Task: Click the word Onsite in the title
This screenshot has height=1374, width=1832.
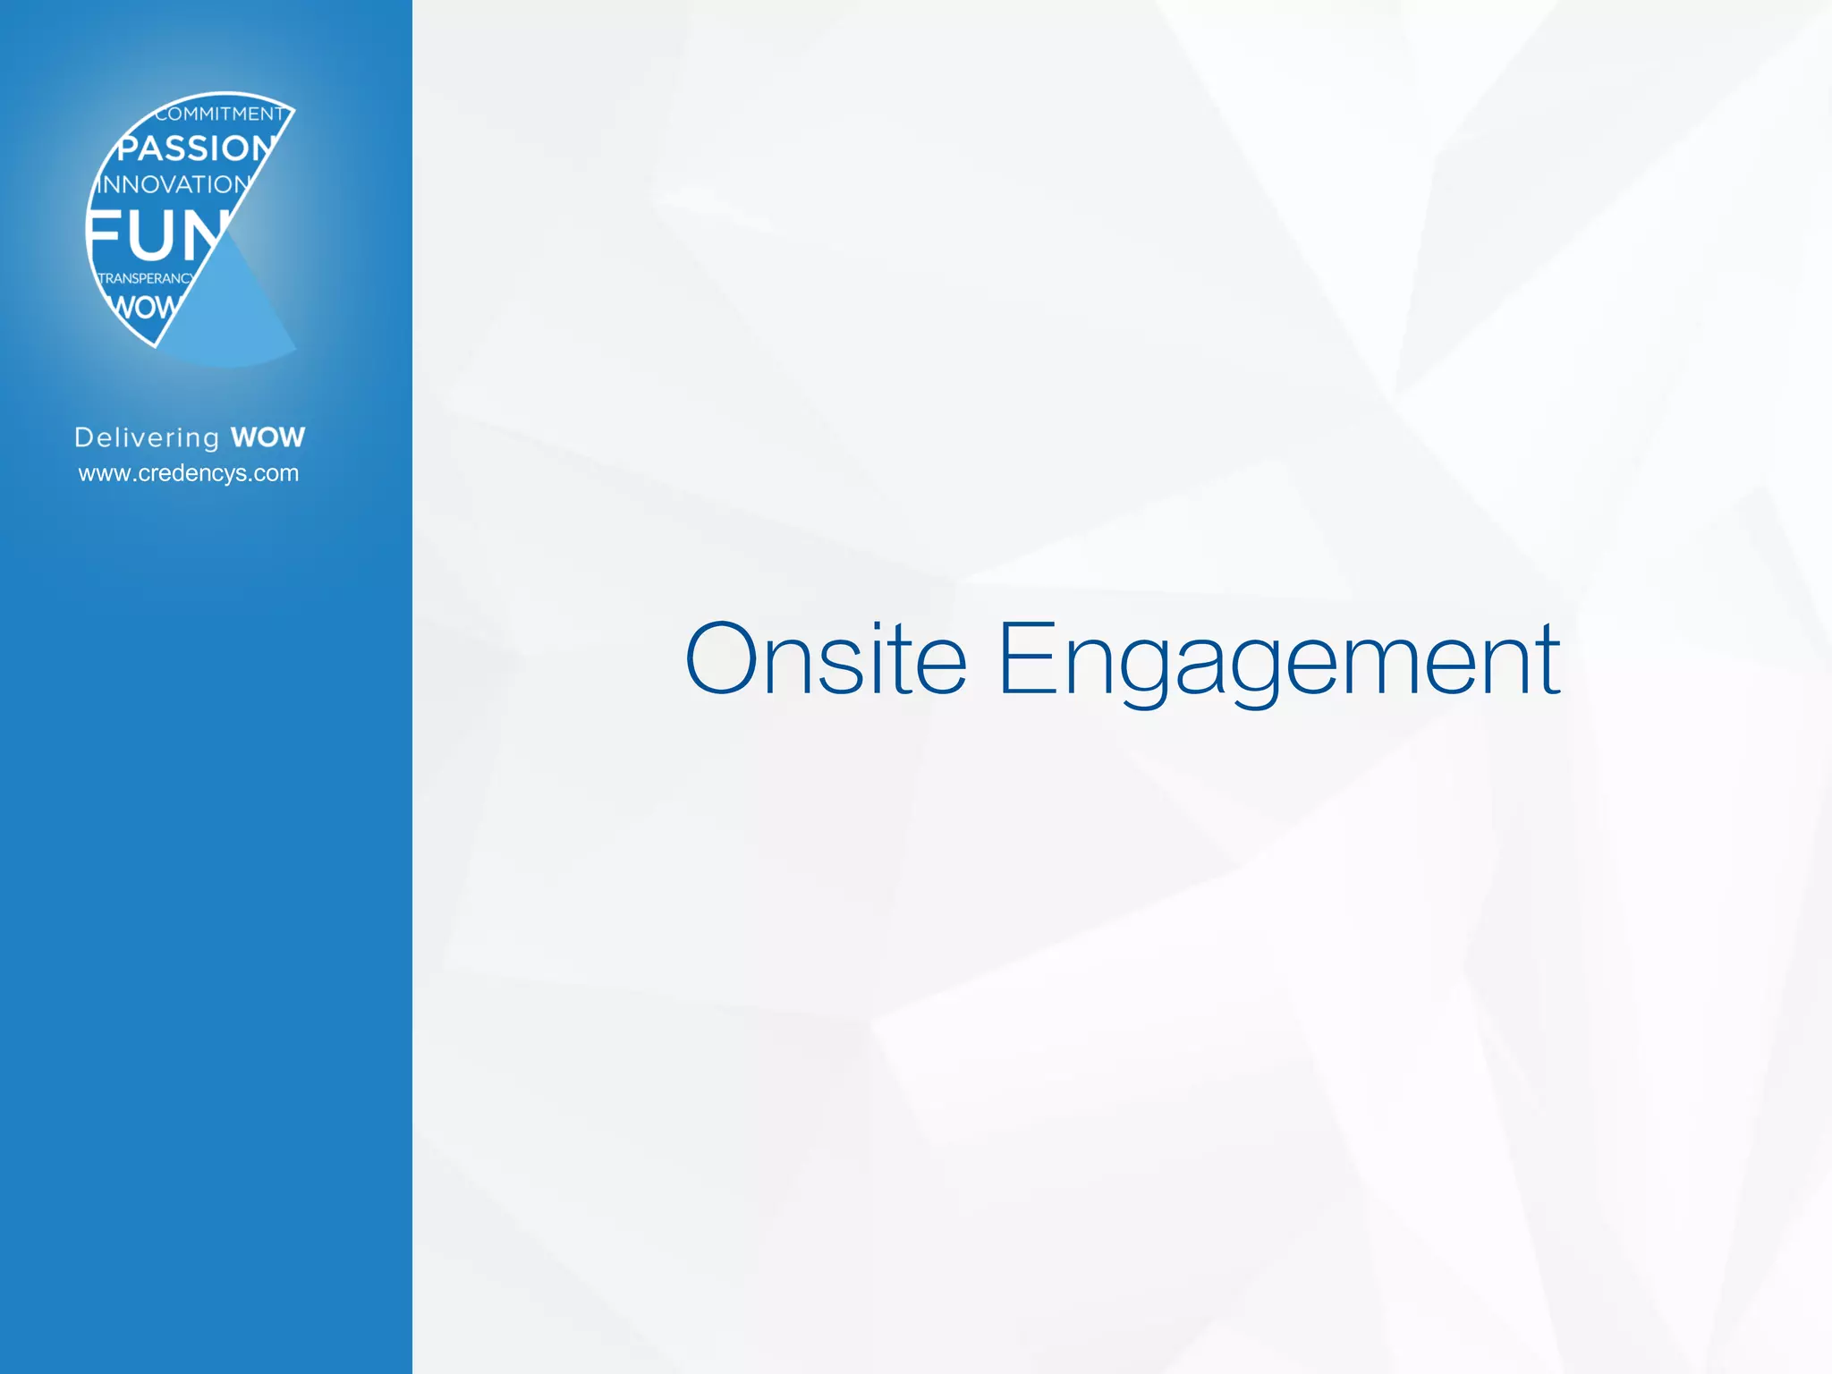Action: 826,659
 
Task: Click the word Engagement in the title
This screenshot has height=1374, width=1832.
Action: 1279,662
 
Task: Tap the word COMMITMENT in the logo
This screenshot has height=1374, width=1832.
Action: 220,114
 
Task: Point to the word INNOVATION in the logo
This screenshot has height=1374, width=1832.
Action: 174,184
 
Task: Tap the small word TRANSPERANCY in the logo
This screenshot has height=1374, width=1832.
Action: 145,278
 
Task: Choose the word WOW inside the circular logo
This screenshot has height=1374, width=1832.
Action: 143,308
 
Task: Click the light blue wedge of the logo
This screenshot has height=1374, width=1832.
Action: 233,313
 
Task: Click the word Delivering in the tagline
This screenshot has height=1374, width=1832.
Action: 147,437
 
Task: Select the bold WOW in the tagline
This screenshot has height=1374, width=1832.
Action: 267,437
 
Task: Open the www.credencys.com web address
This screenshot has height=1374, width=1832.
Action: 189,473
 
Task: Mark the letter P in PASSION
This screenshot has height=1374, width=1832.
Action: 131,148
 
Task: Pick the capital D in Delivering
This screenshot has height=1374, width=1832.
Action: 85,437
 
